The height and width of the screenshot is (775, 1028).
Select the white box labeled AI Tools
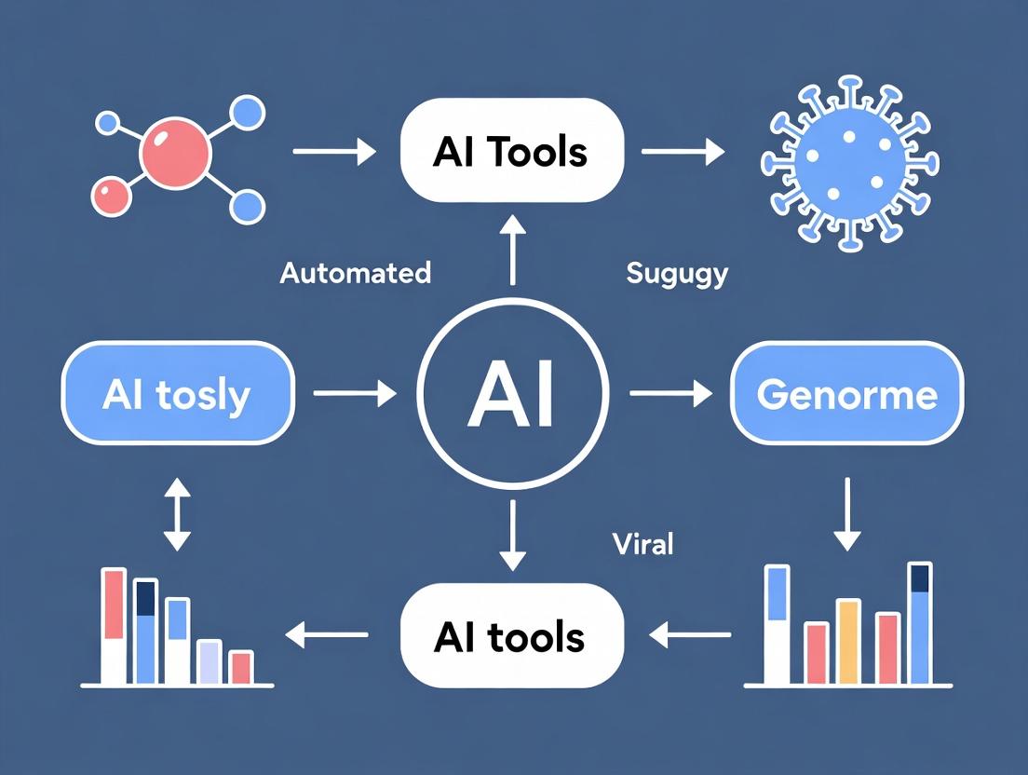(510, 151)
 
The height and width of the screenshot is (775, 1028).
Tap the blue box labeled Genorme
(846, 395)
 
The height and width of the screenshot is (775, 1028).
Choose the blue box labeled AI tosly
(177, 395)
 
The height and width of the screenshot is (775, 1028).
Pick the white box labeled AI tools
(510, 636)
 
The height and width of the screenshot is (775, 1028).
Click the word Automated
(356, 273)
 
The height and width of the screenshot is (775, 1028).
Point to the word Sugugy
(677, 274)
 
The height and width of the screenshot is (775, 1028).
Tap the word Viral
(643, 544)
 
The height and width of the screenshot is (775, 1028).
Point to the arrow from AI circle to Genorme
(670, 395)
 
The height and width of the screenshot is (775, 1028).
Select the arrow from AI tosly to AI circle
(355, 395)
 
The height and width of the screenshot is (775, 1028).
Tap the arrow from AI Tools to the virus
(683, 151)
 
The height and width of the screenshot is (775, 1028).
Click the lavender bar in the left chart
(209, 661)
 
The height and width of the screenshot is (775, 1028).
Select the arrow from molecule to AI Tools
(333, 150)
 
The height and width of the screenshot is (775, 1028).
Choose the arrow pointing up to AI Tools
(511, 248)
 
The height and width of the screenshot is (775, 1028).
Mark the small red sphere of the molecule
(110, 197)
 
